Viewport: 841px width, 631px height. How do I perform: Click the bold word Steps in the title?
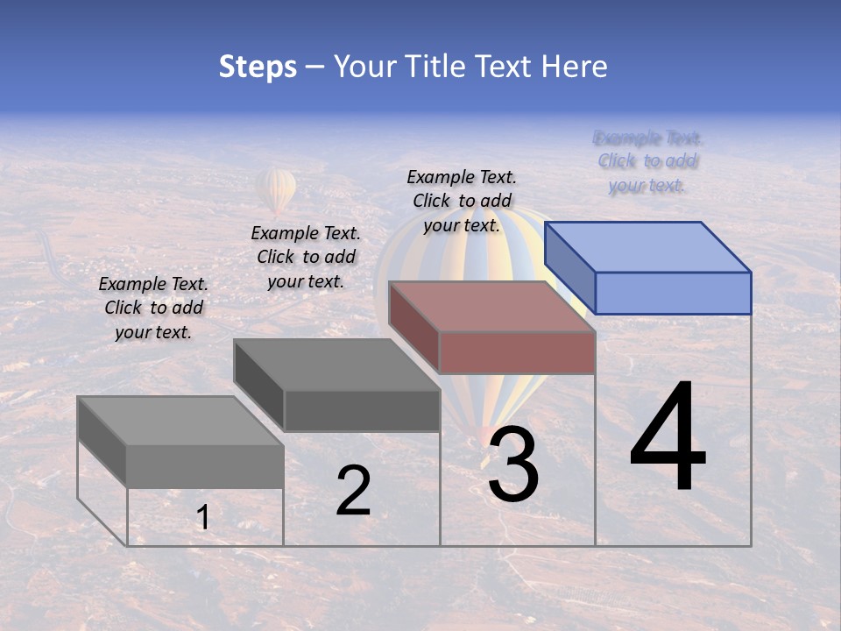(x=258, y=67)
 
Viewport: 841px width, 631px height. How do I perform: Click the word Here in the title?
(x=576, y=67)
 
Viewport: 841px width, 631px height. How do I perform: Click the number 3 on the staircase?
(x=512, y=465)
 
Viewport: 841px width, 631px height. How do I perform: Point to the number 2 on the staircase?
(x=353, y=491)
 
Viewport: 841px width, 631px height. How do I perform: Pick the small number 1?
(x=203, y=518)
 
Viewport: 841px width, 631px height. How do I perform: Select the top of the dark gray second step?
(x=336, y=364)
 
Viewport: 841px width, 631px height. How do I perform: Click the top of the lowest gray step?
(x=180, y=421)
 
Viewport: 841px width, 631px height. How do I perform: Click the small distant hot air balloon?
(x=277, y=189)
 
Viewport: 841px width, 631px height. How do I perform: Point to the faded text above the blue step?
(x=647, y=161)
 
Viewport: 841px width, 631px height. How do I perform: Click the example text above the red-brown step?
(x=462, y=201)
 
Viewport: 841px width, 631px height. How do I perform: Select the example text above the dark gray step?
(x=306, y=257)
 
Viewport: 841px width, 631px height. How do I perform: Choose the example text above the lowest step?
(x=153, y=308)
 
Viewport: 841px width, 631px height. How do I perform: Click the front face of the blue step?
(x=673, y=293)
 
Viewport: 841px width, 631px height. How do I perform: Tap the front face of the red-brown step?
(x=517, y=352)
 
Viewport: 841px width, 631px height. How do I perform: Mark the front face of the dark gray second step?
(x=362, y=410)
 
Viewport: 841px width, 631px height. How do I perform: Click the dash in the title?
(x=315, y=67)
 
